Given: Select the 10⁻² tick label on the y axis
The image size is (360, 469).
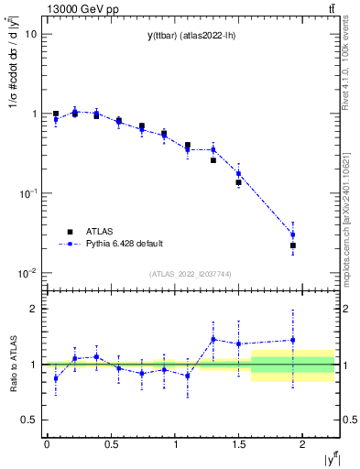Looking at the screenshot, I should coord(27,273).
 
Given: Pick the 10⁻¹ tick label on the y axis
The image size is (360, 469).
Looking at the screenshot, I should coord(27,193).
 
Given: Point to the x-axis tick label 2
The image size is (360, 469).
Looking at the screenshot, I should coord(302,443).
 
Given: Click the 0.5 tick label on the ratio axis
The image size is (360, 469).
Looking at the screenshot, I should coord(28,420).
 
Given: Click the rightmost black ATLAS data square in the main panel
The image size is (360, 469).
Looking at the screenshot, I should coord(293,245).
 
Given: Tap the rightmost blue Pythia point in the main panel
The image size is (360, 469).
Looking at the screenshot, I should coord(293,234).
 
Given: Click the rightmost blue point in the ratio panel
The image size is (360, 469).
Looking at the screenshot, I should coord(293,340).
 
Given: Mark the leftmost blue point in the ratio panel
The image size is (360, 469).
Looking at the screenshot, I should coord(56,377).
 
